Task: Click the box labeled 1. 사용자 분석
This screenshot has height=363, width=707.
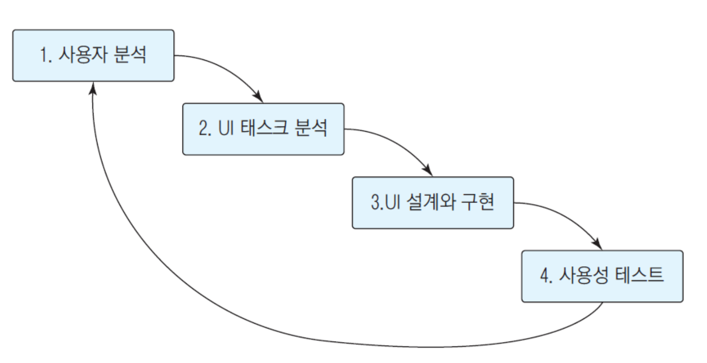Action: [x=93, y=56]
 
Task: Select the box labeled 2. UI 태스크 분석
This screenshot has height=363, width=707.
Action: [x=263, y=129]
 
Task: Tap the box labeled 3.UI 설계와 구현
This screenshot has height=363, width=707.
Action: [x=433, y=202]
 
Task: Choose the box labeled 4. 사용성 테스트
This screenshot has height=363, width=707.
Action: [x=602, y=276]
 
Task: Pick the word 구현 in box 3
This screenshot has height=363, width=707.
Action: [x=478, y=202]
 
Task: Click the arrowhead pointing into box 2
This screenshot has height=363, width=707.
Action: [x=259, y=97]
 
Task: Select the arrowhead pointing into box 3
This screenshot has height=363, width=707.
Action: [x=428, y=170]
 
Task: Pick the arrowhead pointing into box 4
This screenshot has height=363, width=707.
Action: [x=597, y=244]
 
